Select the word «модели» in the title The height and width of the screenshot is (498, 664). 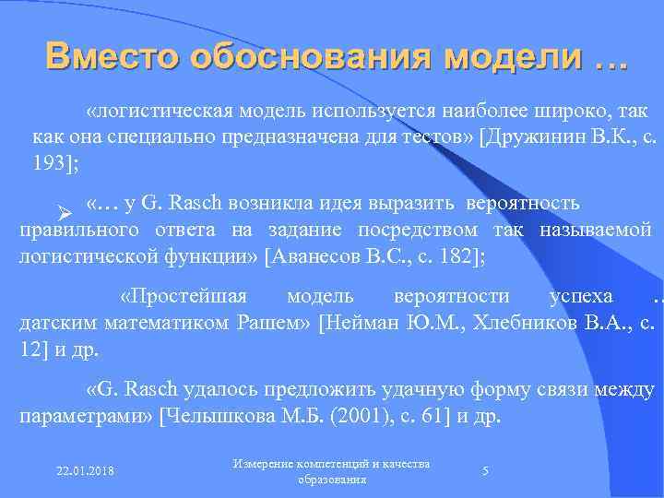(x=509, y=57)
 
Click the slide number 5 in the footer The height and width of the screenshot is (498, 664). (x=485, y=471)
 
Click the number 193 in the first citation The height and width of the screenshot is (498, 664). (x=48, y=164)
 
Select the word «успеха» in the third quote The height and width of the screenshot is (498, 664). (x=581, y=296)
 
